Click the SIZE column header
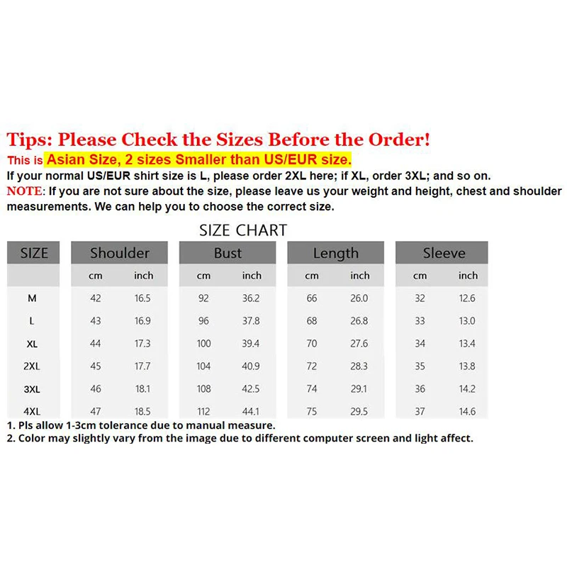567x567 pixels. pos(33,253)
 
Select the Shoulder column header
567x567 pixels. pos(120,253)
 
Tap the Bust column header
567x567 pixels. pos(228,253)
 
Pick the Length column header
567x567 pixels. pos(335,253)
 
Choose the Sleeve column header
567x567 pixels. pos(444,253)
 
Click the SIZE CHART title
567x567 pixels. pos(243,230)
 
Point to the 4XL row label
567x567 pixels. pos(32,411)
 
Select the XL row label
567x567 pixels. pos(32,344)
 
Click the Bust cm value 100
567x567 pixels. pos(203,344)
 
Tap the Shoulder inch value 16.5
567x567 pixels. pos(142,298)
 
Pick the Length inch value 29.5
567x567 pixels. pos(359,411)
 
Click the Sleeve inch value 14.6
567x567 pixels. pos(467,411)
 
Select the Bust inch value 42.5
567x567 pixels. pos(251,389)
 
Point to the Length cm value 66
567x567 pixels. pos(312,298)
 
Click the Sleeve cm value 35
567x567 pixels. pos(420,366)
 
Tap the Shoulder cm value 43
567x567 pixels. pos(96,321)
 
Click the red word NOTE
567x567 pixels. pos(25,191)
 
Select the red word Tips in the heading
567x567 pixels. pos(29,140)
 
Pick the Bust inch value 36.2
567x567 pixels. pos(251,298)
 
